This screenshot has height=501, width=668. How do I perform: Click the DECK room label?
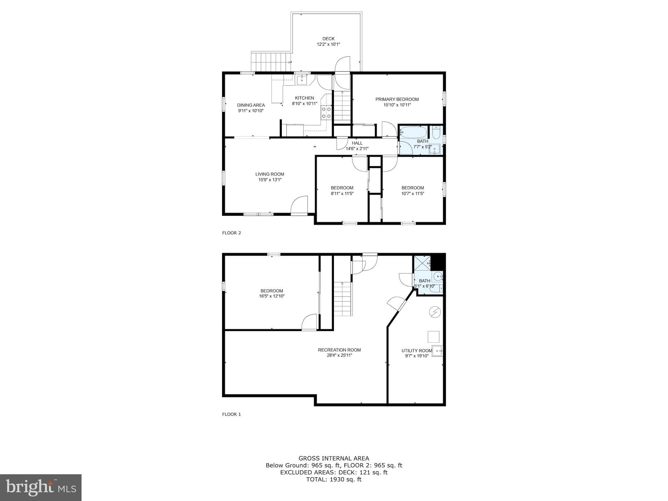[328, 39]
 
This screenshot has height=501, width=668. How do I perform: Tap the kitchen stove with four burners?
[326, 113]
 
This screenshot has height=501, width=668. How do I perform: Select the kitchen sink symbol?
[302, 80]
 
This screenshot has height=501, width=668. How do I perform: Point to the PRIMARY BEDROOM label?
[397, 99]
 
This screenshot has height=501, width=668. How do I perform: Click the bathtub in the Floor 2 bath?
[413, 132]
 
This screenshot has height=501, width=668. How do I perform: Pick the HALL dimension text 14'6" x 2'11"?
[357, 149]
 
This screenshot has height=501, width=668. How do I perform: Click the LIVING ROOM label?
[270, 174]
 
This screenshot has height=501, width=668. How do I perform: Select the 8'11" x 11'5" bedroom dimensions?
[342, 193]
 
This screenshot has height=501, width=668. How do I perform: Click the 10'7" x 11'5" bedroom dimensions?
[413, 193]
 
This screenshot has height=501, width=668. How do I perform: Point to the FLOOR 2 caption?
[232, 233]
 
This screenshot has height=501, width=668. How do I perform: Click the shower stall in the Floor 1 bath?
[422, 264]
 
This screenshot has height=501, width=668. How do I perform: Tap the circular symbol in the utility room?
[434, 312]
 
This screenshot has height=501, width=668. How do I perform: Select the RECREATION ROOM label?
[340, 350]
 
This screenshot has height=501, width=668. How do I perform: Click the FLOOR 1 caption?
[232, 414]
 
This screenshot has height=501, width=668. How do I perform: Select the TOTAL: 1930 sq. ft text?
[334, 479]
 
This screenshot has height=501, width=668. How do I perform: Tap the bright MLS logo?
[41, 488]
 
